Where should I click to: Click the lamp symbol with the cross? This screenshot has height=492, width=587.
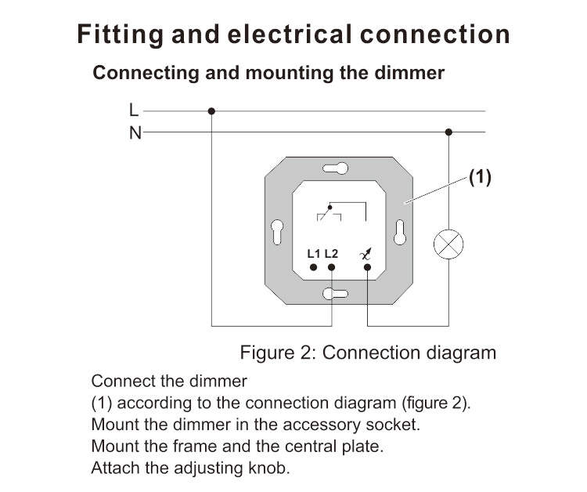point(448,244)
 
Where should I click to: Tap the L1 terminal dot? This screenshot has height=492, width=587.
point(314,267)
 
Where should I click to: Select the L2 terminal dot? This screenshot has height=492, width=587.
point(332,267)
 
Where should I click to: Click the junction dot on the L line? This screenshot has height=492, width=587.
point(211,111)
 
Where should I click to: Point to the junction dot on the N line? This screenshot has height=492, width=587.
point(448,132)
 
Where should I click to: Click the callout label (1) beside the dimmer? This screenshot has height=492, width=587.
point(480,176)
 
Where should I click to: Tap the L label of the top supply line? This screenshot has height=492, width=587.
point(134,110)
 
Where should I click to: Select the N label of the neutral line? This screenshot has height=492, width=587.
point(135,132)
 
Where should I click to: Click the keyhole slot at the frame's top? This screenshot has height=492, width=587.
point(336,168)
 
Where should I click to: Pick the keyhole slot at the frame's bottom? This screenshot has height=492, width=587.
point(336,294)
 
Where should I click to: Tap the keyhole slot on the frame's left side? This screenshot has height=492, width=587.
point(277,233)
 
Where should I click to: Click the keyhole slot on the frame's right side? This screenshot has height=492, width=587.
point(400,233)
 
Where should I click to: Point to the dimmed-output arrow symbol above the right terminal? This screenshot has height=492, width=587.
point(366,254)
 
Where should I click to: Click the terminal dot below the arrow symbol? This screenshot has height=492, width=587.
point(368,267)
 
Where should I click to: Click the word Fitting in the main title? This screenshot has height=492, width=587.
point(121,34)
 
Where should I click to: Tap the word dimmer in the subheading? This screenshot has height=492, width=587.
point(409,73)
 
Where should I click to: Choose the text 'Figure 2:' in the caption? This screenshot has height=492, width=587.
point(279,353)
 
